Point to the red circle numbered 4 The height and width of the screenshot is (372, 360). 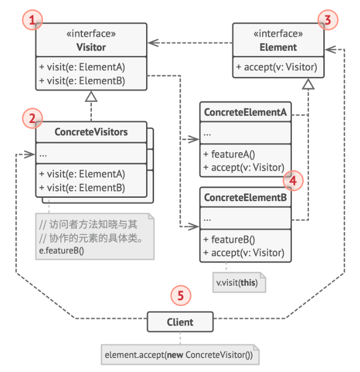(x=293, y=179)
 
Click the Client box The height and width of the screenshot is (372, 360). (x=180, y=322)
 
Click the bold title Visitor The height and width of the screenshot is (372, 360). (x=91, y=48)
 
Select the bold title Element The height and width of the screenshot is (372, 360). (x=279, y=48)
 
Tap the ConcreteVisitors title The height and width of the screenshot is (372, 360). (x=91, y=133)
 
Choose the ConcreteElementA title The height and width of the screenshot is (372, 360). (x=245, y=112)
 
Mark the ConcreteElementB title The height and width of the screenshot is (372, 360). (x=245, y=198)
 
